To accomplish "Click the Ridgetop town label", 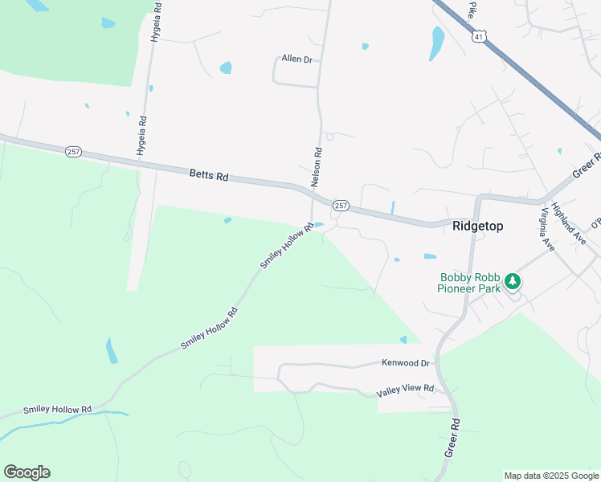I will (477, 226).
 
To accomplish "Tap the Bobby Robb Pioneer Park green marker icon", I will (512, 282).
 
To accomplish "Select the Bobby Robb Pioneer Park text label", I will (470, 283).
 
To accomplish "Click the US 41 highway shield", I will (479, 37).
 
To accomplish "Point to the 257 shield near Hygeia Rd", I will (74, 150).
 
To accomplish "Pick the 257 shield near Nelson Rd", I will (341, 206).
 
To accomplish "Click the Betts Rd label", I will (209, 174).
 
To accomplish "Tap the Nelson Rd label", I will (317, 163).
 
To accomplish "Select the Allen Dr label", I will (296, 59).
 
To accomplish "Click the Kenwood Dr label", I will (406, 363).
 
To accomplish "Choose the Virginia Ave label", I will (547, 230).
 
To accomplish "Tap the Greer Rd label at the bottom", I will (453, 438).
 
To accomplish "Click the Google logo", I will (27, 472).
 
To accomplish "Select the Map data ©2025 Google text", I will (551, 476).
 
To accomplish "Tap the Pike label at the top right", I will (473, 9).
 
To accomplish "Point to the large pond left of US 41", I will (436, 43).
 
